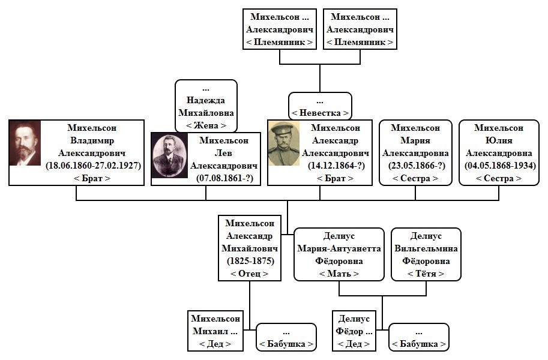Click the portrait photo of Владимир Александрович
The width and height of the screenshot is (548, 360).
(25, 143)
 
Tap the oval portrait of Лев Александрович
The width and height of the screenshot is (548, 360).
(169, 155)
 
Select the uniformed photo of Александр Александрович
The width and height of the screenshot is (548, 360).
(284, 143)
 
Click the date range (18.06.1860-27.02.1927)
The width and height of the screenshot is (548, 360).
(93, 166)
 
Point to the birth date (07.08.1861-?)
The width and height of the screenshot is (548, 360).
(224, 178)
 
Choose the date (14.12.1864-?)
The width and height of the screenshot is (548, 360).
(336, 166)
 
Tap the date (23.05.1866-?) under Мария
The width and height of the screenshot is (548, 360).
(416, 166)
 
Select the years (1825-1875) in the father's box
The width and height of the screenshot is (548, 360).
(250, 261)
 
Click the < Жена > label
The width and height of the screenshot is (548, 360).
(206, 125)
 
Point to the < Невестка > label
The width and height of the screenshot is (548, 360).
(320, 113)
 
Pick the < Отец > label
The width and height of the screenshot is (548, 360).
(250, 274)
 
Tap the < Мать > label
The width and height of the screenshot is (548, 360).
(339, 274)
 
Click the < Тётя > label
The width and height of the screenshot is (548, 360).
(426, 274)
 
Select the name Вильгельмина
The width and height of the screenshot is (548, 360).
(426, 248)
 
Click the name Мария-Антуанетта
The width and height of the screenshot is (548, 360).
(339, 248)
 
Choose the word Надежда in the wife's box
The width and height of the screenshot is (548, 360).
(206, 100)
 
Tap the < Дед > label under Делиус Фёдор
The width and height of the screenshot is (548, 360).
(354, 344)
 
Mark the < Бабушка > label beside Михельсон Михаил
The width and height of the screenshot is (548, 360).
(286, 344)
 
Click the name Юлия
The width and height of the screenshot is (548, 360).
(499, 140)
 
